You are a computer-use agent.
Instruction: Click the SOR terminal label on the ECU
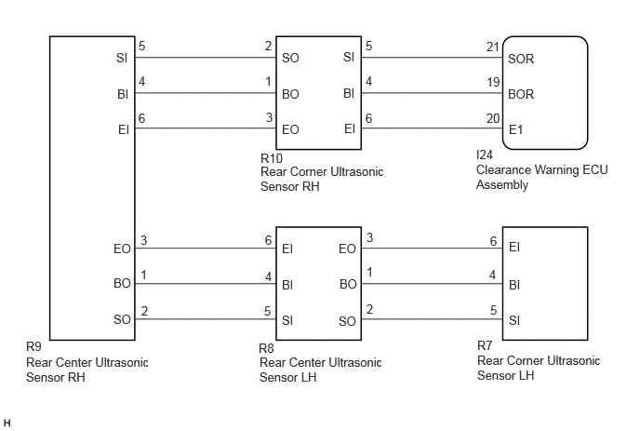521,59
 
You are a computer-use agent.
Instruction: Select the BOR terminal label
521,94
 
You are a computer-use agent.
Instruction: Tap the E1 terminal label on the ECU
516,130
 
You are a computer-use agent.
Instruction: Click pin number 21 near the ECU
493,47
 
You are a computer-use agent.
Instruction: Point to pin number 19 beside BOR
493,83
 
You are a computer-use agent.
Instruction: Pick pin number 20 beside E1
493,118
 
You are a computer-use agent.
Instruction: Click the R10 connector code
272,158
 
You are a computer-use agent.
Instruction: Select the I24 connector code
485,155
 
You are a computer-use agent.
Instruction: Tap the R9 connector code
33,346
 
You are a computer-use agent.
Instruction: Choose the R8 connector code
267,348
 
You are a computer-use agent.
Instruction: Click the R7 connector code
485,345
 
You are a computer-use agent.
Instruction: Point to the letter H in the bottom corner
7,423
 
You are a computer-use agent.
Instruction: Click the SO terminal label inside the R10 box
290,59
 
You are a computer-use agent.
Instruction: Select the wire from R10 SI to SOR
432,57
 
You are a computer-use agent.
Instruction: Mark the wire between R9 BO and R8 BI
206,284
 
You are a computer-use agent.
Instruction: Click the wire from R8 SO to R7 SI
432,318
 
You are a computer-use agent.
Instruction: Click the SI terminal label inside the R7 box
514,320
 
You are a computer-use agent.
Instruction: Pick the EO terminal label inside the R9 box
122,249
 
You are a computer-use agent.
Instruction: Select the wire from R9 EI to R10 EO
206,128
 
